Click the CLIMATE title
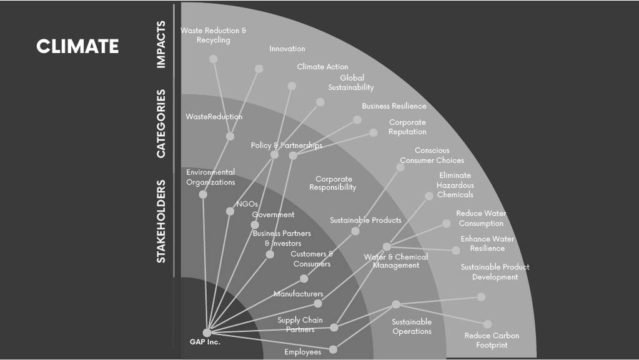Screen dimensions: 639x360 point(77,46)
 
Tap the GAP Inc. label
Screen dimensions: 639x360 point(205,342)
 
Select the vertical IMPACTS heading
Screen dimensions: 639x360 point(161,44)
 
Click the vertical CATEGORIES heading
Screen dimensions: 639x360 point(161,124)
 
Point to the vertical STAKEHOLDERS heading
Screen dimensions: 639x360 point(161,221)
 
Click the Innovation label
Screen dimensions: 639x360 point(287,49)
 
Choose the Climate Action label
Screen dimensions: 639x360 point(322,66)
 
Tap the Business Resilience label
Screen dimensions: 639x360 point(394,106)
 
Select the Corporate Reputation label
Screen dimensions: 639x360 point(407,127)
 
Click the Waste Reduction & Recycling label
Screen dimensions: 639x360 point(214,35)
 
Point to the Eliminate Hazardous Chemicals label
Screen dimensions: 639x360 point(455,185)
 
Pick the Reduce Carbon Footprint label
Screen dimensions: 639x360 point(492,340)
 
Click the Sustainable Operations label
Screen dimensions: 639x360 point(412,327)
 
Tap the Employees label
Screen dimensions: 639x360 point(303,352)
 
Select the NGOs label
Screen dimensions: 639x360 point(247,204)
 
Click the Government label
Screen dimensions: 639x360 point(273,214)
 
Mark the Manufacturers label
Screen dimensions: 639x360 point(299,294)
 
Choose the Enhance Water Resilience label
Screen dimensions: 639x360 point(487,243)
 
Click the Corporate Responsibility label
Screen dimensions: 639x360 point(333,183)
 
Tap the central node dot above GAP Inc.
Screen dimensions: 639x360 point(207,332)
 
